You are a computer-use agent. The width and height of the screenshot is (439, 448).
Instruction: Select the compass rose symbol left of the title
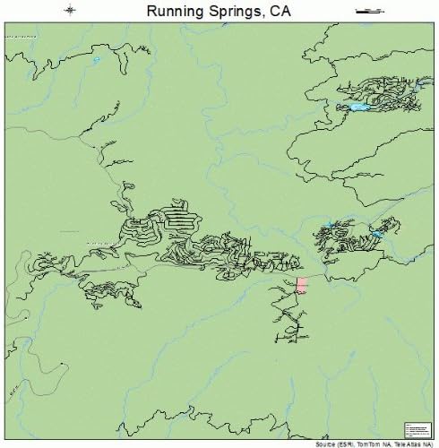click(x=71, y=10)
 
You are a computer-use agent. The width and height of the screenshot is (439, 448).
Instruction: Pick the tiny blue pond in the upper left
click(x=96, y=60)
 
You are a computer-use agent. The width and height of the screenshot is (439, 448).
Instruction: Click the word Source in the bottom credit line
click(x=324, y=444)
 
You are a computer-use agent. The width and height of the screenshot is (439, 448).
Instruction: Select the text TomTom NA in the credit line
click(x=370, y=444)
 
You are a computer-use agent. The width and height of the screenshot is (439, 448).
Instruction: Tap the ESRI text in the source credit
click(x=345, y=444)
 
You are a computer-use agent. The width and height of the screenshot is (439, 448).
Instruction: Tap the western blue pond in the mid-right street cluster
click(x=329, y=226)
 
